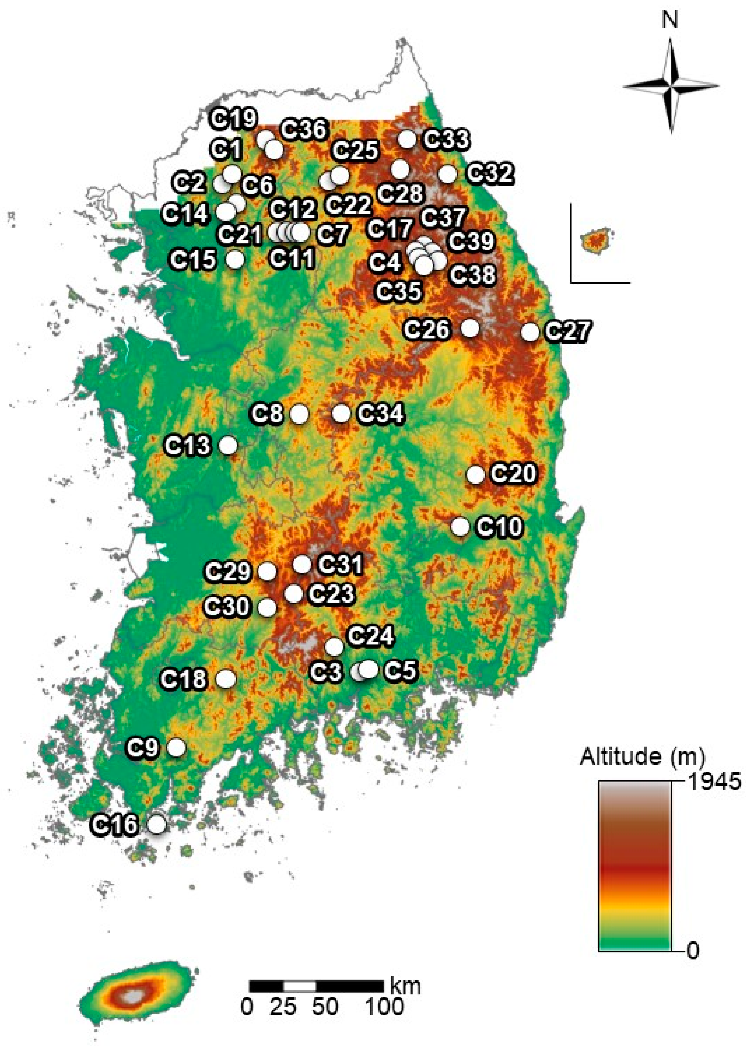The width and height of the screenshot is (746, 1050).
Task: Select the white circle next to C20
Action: [x=475, y=475]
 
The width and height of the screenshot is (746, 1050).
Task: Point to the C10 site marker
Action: [x=460, y=527]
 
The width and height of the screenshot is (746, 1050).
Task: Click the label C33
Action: [x=446, y=139]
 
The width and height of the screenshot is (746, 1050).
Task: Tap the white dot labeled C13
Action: [x=228, y=445]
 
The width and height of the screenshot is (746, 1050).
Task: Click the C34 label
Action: [x=381, y=414]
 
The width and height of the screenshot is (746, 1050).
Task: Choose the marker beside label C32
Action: [x=447, y=174]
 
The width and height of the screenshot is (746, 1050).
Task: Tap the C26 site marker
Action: [x=470, y=328]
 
